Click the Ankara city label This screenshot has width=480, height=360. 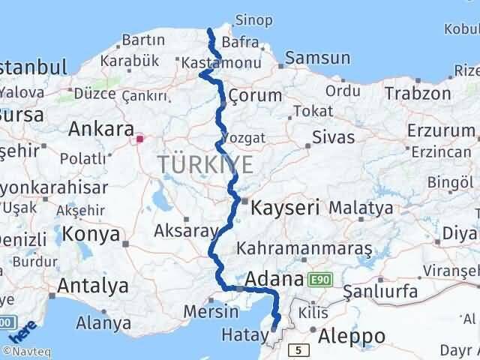[x=100, y=129]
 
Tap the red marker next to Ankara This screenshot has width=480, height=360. [x=139, y=139]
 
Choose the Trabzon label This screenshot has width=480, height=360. [x=418, y=93]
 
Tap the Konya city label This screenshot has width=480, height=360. [x=91, y=234]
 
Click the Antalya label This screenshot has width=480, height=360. [x=92, y=286]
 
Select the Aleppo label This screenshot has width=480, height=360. [x=352, y=335]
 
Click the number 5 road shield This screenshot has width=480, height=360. [x=298, y=349]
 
